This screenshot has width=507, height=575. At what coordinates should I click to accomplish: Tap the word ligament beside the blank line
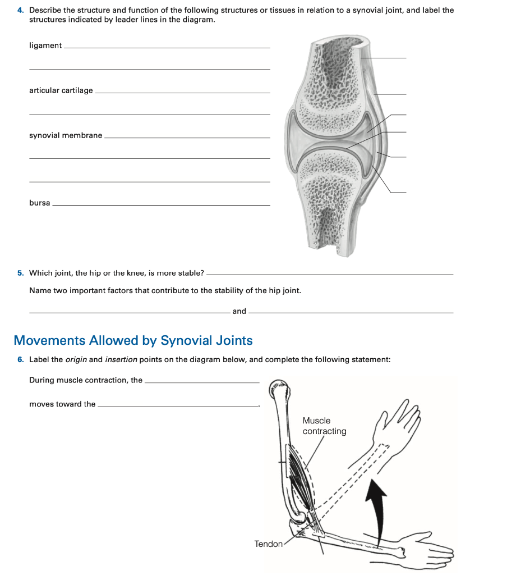pyautogui.click(x=45, y=45)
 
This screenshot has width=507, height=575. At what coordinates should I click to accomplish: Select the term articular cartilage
pyautogui.click(x=61, y=90)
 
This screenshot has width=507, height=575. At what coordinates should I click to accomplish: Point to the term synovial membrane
pyautogui.click(x=66, y=135)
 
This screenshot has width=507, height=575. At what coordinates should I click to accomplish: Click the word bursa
pyautogui.click(x=39, y=203)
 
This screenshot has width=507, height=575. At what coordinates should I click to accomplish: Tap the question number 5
pyautogui.click(x=20, y=273)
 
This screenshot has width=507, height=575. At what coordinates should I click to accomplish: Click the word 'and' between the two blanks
pyautogui.click(x=239, y=311)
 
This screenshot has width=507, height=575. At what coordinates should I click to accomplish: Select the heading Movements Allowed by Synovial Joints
pyautogui.click(x=133, y=340)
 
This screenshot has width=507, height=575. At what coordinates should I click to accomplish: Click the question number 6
pyautogui.click(x=20, y=359)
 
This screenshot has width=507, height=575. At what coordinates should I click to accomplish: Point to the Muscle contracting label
pyautogui.click(x=324, y=426)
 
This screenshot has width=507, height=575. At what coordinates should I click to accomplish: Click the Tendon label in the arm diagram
pyautogui.click(x=268, y=544)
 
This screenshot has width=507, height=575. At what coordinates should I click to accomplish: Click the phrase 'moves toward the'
pyautogui.click(x=62, y=404)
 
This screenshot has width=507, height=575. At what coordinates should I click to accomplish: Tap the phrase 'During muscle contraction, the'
pyautogui.click(x=86, y=380)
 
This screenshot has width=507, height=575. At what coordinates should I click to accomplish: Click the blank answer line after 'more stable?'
pyautogui.click(x=329, y=275)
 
